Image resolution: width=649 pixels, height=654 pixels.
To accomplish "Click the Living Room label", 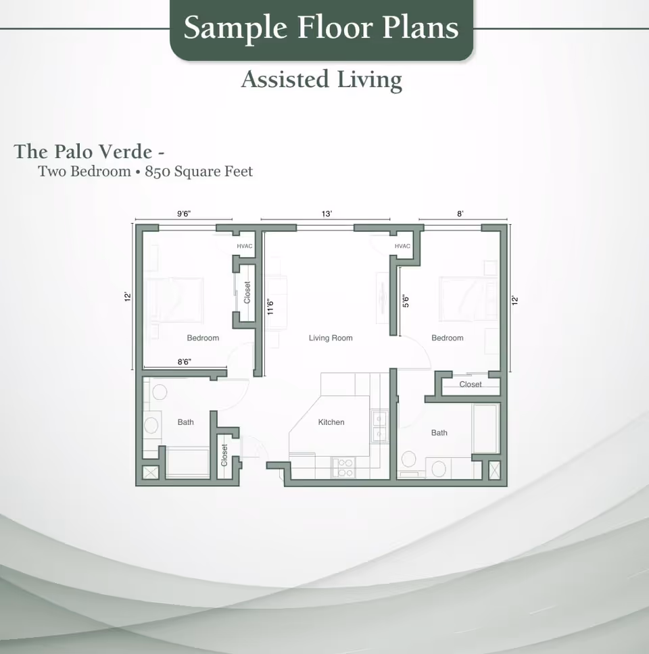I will tap(331, 338).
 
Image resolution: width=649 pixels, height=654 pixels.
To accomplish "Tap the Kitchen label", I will tap(331, 422).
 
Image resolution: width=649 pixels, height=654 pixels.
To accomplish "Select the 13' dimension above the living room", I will tap(327, 213).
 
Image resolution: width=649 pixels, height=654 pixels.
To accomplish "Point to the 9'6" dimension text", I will tap(184, 213).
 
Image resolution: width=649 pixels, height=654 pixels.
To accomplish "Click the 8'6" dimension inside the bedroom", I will tap(184, 362).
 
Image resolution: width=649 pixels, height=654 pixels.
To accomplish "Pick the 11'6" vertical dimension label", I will tap(270, 307).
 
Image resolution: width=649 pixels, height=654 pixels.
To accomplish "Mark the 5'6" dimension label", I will tap(405, 301).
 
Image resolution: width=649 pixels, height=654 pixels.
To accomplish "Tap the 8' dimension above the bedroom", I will tap(460, 213).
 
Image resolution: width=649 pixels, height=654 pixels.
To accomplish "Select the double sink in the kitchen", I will tap(379, 426).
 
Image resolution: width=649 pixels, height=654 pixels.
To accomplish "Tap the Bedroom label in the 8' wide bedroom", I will tap(448, 338).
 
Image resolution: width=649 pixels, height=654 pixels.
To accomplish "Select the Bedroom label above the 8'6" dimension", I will tap(203, 338).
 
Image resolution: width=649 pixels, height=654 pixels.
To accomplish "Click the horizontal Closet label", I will tap(471, 384).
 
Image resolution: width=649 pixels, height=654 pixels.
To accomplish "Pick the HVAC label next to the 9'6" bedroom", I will tap(244, 246).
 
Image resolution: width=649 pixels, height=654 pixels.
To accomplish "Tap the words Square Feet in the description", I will tap(213, 172).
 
